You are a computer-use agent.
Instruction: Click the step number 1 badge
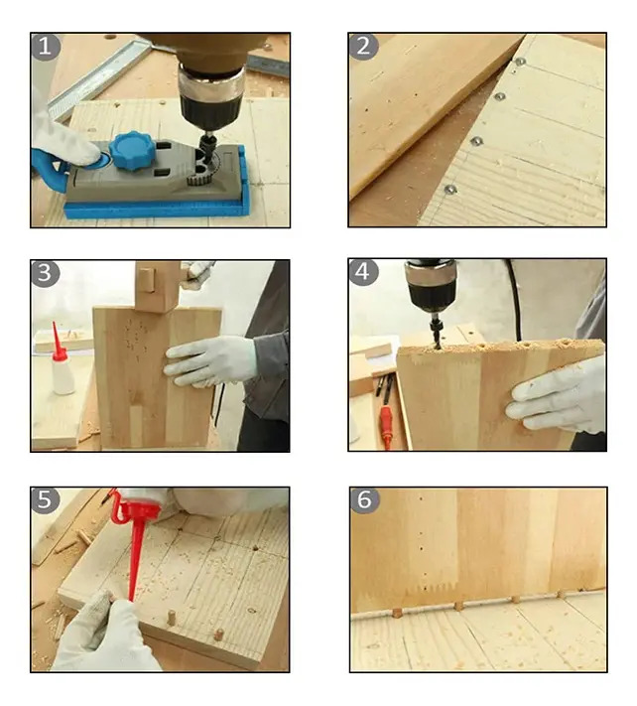tap(46, 47)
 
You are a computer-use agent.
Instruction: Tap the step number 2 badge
tap(363, 47)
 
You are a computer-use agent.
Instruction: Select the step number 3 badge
tap(45, 273)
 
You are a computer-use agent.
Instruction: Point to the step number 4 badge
tap(363, 272)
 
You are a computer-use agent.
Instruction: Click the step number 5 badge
tap(45, 499)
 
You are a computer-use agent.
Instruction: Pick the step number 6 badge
tap(364, 499)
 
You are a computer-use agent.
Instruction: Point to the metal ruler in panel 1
tap(99, 76)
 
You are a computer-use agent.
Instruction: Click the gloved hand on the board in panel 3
tap(210, 361)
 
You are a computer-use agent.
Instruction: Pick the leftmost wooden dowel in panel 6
tap(397, 613)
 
